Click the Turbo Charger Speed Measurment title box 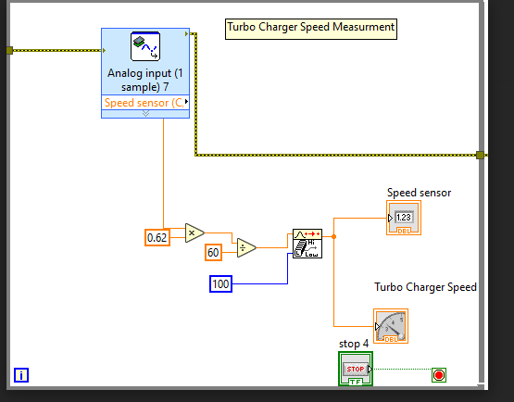coord(311,28)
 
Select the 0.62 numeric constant coord(157,238)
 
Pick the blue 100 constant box coord(220,283)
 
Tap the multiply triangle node coord(194,232)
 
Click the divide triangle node coord(245,247)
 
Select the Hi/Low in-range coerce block coord(307,244)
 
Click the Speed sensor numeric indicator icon coord(404,218)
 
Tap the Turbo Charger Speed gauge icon coord(391,326)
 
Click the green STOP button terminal coord(356,370)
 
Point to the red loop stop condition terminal coord(439,375)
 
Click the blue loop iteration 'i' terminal coord(22,375)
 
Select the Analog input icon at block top coord(145,46)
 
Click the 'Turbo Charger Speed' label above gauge coord(425,287)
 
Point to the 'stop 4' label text coord(354,344)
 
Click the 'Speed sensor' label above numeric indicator coord(419,193)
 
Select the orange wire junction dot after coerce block coord(334,236)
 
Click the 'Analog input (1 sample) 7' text coord(145,79)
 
